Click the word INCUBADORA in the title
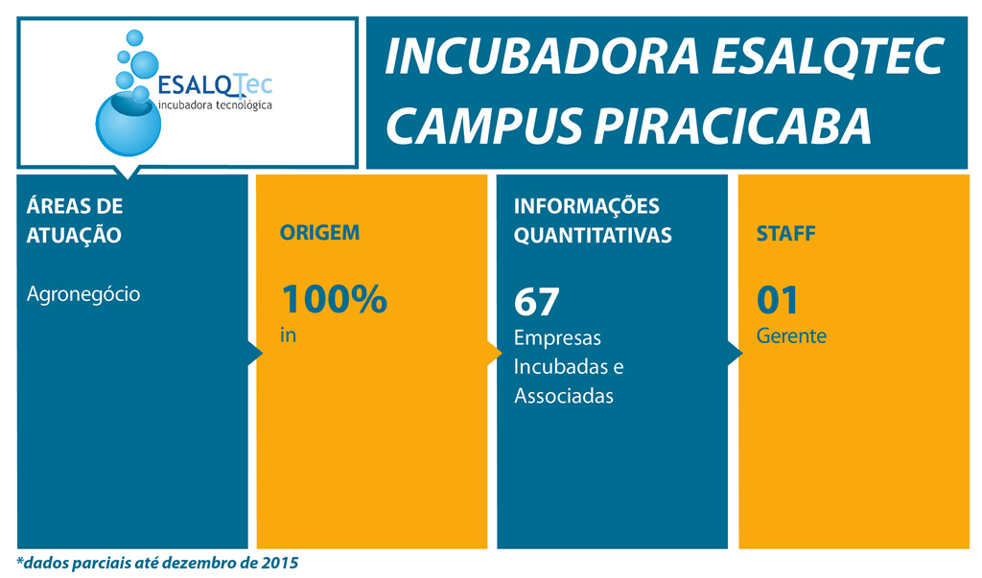point(542,57)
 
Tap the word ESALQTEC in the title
point(828,57)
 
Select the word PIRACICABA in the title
point(732,126)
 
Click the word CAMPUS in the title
point(484,126)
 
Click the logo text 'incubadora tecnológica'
point(216,104)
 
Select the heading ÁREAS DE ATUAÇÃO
point(75,220)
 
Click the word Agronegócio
point(83,293)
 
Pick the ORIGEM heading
point(319,233)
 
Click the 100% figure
point(335,299)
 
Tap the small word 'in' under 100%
point(288,335)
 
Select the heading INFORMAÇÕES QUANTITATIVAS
point(593,220)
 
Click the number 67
point(537,302)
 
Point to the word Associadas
point(564,396)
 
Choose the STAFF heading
point(786,234)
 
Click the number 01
point(777,300)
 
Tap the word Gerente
point(791,335)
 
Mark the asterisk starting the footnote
point(20,559)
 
